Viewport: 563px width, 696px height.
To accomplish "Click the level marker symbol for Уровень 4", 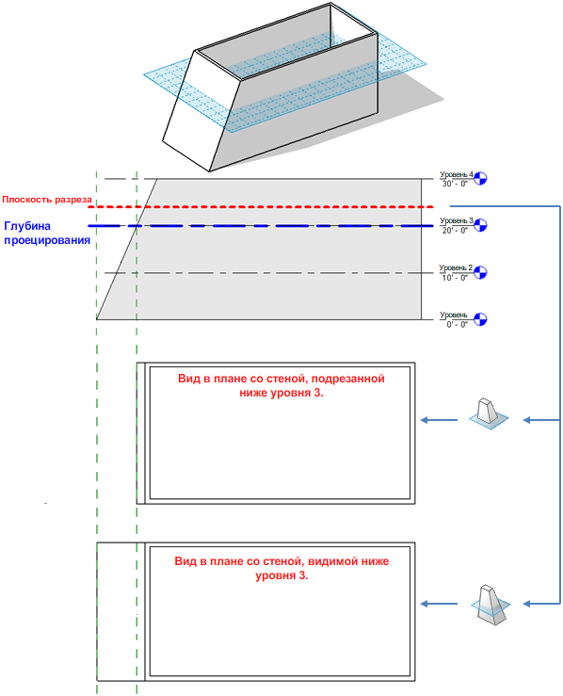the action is pos(480,178).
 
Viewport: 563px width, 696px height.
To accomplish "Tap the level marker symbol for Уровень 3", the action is pos(480,225).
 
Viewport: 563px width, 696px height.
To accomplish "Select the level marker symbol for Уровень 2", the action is pos(480,272).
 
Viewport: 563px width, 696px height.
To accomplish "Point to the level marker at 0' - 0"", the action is pos(480,319).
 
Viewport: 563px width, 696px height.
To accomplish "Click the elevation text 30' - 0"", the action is pos(455,184).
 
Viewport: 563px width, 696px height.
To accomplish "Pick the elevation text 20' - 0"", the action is pos(455,231).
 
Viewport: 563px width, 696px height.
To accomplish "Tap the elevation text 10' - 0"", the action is pos(455,278).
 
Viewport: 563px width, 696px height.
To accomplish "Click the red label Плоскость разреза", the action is pos(47,200).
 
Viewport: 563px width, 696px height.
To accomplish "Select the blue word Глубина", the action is pos(27,226).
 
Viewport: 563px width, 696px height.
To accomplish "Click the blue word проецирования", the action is pos(47,240).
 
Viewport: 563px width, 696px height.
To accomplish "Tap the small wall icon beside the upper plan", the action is pos(489,414).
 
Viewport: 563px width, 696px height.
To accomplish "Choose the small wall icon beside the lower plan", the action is pos(491,605).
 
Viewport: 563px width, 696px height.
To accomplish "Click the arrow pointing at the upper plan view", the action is pos(439,420).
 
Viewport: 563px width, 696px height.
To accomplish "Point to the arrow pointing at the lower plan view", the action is pos(439,604).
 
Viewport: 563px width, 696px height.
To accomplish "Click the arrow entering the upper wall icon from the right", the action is pos(541,420).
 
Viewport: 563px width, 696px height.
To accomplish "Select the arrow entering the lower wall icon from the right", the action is pos(541,604).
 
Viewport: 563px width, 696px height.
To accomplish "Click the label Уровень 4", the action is pos(457,174).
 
